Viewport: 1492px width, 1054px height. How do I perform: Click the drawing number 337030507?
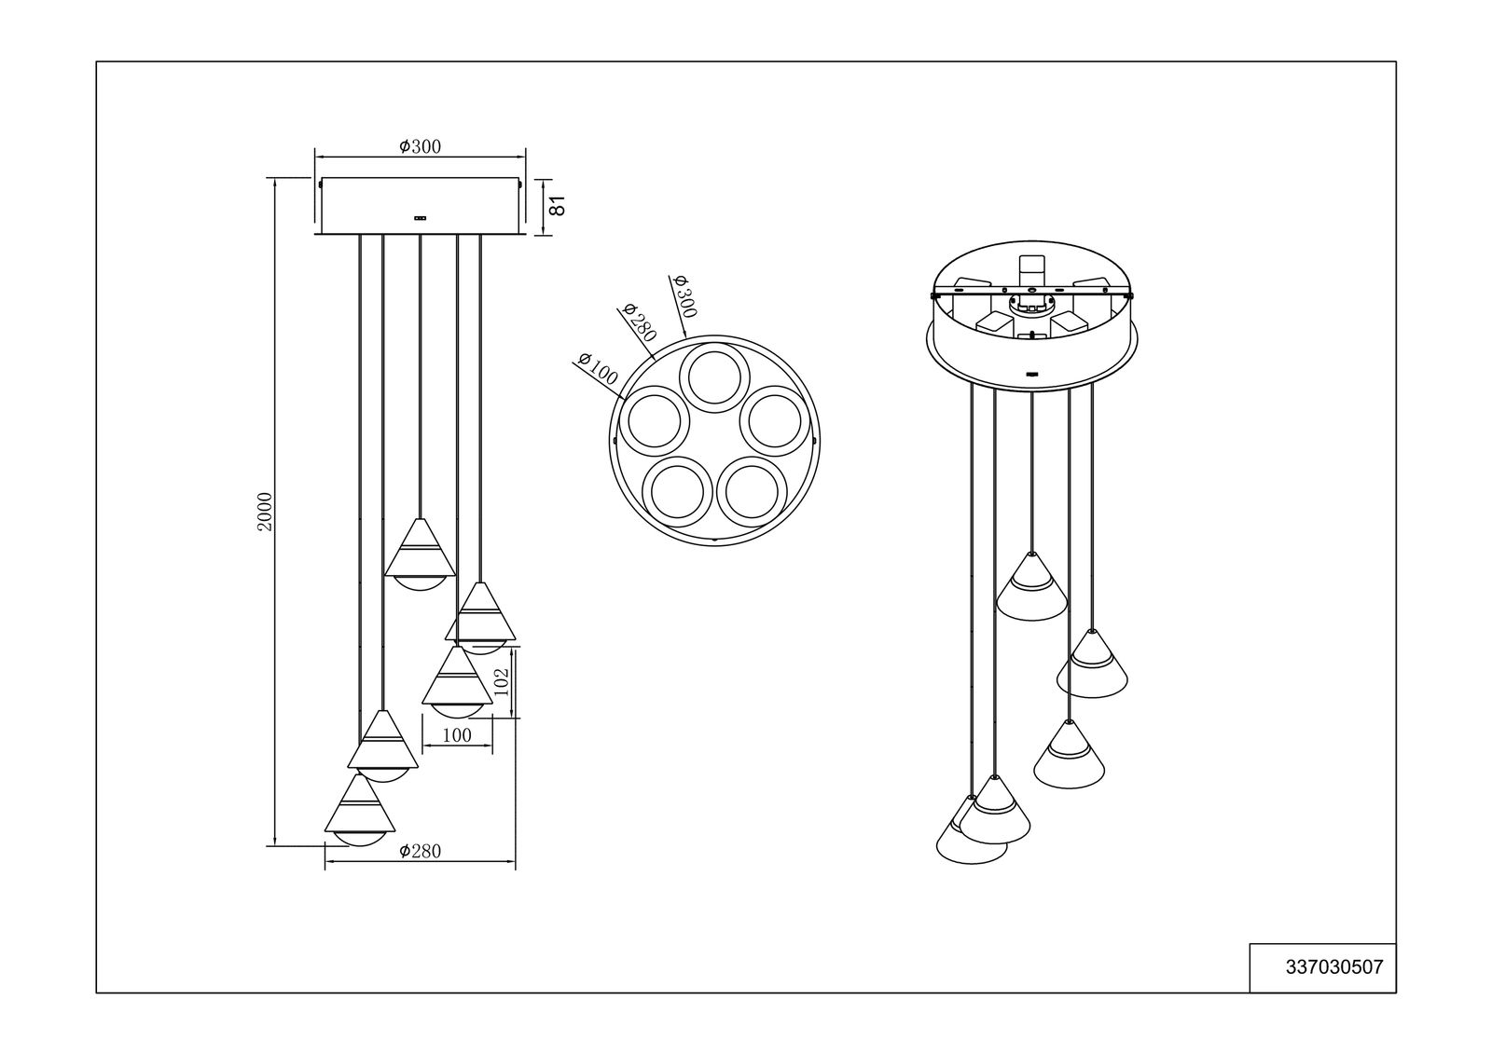[x=1334, y=967]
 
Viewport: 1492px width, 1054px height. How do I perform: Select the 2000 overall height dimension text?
[x=265, y=512]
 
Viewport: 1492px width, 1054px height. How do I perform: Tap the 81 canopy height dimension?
[x=559, y=206]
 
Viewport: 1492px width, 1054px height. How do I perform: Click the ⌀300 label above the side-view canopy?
[x=421, y=146]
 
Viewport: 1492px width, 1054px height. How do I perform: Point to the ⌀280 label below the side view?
[x=421, y=851]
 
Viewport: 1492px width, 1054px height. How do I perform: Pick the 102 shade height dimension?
[x=502, y=682]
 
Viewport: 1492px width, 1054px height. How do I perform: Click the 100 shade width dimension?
[x=457, y=735]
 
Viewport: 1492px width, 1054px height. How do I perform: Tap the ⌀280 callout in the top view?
[x=640, y=322]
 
